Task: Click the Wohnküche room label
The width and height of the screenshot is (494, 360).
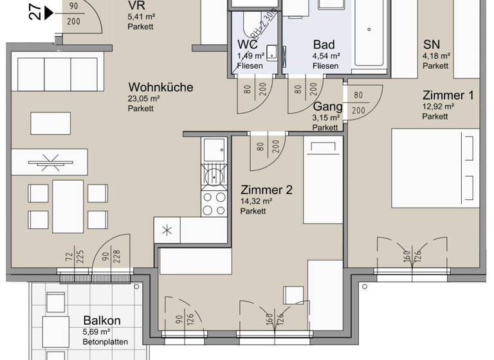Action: [x=160, y=87]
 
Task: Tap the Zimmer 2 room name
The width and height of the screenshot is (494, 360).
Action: [x=266, y=190]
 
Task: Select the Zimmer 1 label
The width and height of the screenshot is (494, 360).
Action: [x=448, y=95]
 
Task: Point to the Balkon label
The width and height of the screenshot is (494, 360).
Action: [x=102, y=321]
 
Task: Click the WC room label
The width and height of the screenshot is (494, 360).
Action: [x=248, y=45]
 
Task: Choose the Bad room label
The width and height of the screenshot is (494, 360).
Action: [x=324, y=45]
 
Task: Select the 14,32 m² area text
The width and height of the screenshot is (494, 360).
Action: [x=257, y=201]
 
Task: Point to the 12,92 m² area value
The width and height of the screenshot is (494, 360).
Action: [x=439, y=107]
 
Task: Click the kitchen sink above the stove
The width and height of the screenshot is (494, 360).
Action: [x=213, y=152]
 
